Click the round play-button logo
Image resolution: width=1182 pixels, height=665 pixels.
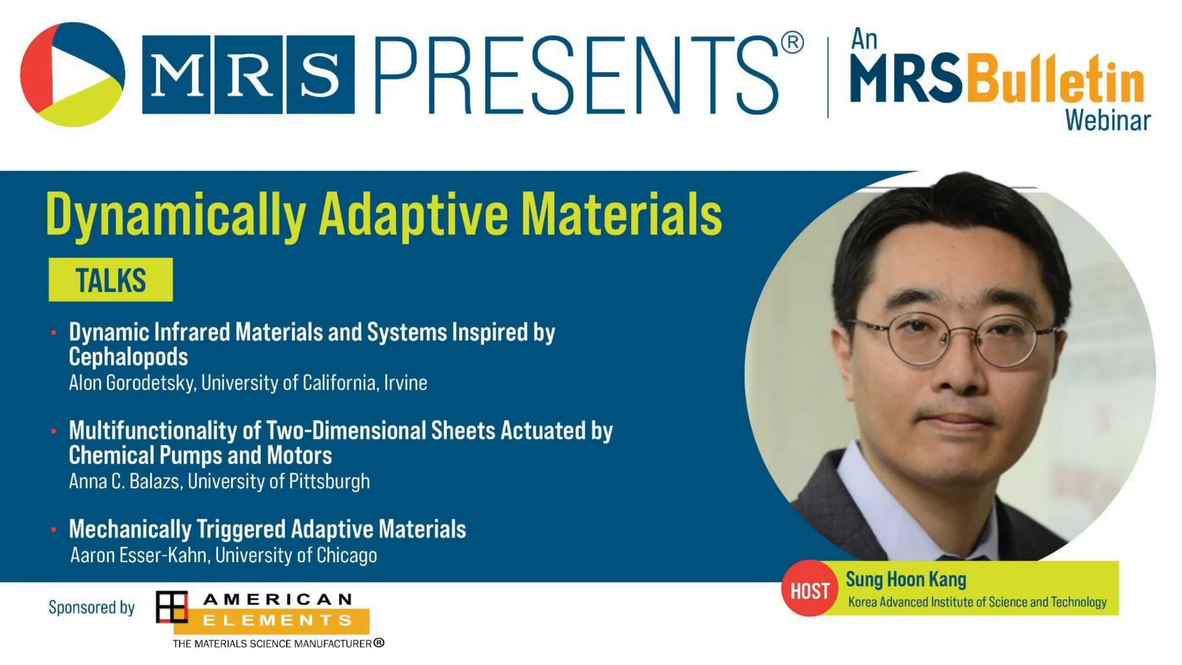tap(73, 75)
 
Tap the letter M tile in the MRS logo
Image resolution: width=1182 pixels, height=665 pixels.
tap(177, 75)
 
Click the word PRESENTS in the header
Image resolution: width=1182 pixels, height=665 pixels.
tap(577, 75)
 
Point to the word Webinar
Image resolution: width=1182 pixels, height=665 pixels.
tap(1108, 120)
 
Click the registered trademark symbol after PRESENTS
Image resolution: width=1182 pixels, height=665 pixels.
tap(792, 42)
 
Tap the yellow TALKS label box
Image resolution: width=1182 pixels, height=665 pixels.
tap(111, 280)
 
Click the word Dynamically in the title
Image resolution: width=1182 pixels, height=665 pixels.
tap(176, 216)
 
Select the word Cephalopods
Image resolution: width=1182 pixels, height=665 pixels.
tap(128, 357)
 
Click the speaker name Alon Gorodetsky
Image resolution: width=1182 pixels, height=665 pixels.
tap(132, 383)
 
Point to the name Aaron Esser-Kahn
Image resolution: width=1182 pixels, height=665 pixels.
tap(140, 555)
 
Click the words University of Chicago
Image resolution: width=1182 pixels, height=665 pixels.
tap(296, 555)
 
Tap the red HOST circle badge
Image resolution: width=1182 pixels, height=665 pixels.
tap(810, 589)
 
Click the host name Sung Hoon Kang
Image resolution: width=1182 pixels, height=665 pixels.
tap(906, 579)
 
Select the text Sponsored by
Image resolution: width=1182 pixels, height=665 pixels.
tap(92, 608)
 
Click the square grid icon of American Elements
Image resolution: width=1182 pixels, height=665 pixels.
tap(172, 607)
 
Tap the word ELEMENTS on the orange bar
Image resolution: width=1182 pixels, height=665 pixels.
tap(277, 620)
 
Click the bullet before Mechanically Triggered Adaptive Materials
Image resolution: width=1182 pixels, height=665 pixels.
tap(54, 530)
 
